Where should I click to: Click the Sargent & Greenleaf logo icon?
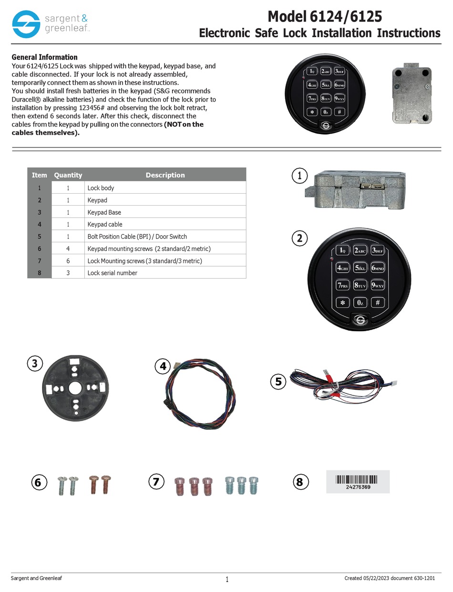[26, 24]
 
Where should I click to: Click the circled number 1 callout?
[299, 176]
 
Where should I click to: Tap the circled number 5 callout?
[278, 381]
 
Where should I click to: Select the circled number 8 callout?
[299, 482]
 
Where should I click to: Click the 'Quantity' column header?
[68, 175]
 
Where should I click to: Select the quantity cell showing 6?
[68, 261]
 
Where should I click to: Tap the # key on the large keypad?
[377, 302]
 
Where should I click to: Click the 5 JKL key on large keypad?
[360, 268]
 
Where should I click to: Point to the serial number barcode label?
[358, 481]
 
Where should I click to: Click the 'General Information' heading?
[44, 57]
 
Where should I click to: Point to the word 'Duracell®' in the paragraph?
[27, 100]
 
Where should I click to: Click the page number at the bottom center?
[227, 580]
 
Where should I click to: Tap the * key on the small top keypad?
[312, 112]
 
